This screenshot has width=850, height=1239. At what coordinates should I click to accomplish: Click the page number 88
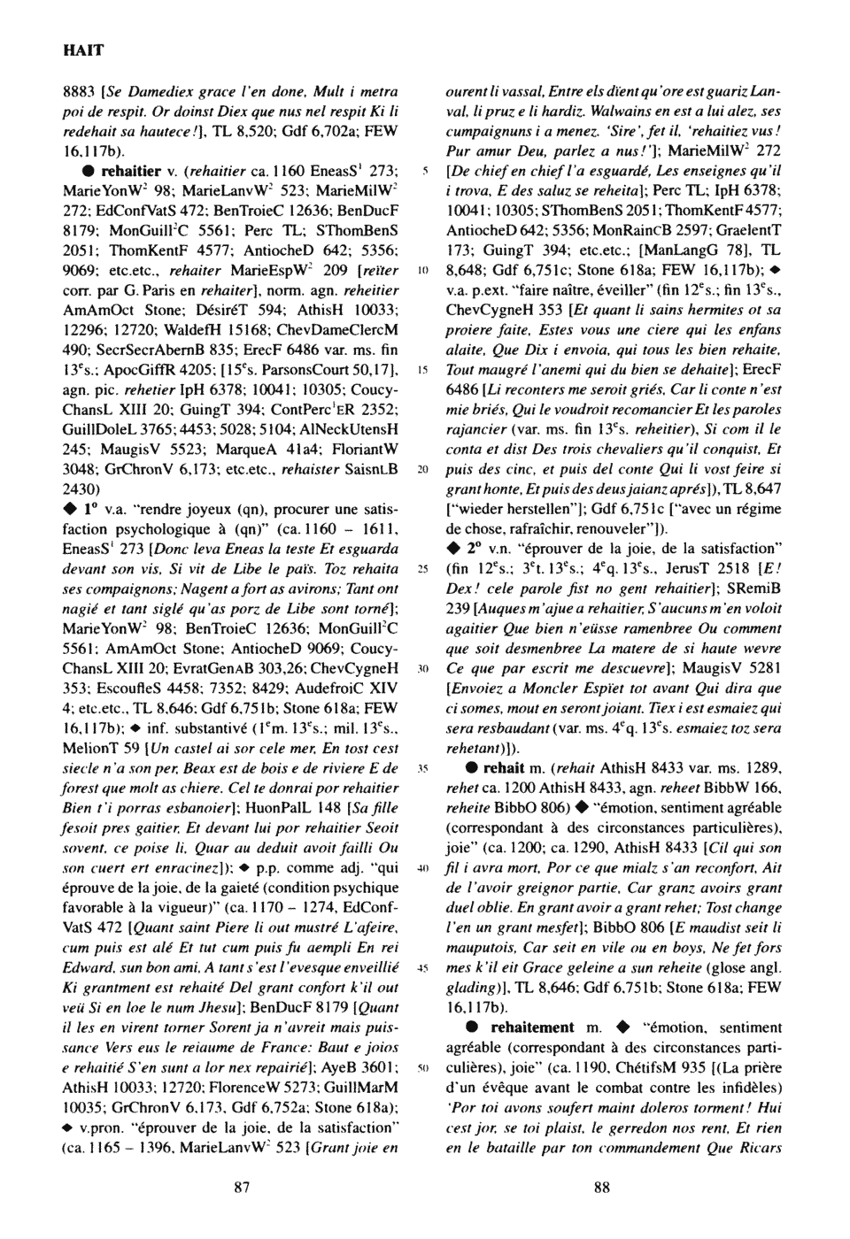coord(601,1188)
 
